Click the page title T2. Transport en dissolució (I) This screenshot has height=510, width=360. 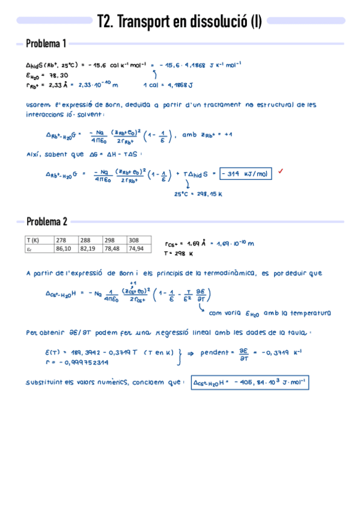pyautogui.click(x=178, y=22)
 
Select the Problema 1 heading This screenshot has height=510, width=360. pyautogui.click(x=46, y=44)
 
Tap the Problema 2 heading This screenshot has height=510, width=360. pyautogui.click(x=46, y=221)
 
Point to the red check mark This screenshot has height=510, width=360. pyautogui.click(x=280, y=172)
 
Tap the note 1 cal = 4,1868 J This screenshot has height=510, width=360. pyautogui.click(x=169, y=85)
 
